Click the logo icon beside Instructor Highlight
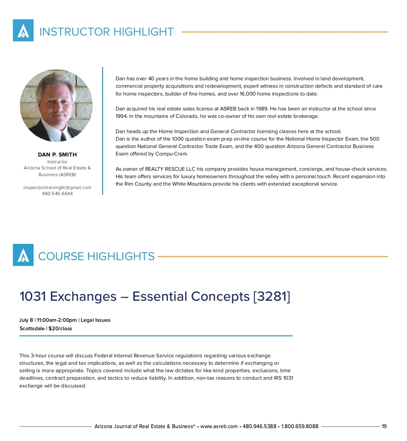pyautogui.click(x=23, y=30)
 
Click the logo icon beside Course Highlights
pyautogui.click(x=23, y=255)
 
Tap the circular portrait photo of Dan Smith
pyautogui.click(x=56, y=105)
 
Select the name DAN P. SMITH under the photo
pyautogui.click(x=57, y=154)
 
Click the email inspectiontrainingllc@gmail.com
pyautogui.click(x=57, y=187)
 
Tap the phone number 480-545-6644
pyautogui.click(x=57, y=194)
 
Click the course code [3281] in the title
pyautogui.click(x=272, y=296)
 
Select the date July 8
pyautogui.click(x=26, y=320)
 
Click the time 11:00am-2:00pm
pyautogui.click(x=57, y=320)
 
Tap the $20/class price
pyautogui.click(x=60, y=329)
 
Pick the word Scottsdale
pyautogui.click(x=32, y=329)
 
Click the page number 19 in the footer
pyautogui.click(x=384, y=426)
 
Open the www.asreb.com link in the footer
pyautogui.click(x=219, y=426)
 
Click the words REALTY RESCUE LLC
pyautogui.click(x=170, y=169)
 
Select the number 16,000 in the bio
pyautogui.click(x=248, y=94)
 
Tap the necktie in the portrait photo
pyautogui.click(x=63, y=136)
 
